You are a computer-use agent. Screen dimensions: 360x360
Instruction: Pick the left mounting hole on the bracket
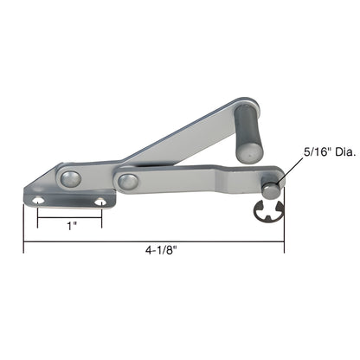coord(38,201)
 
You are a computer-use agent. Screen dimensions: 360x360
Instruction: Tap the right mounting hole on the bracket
coord(101,201)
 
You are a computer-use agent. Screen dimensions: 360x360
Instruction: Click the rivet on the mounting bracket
coord(71,178)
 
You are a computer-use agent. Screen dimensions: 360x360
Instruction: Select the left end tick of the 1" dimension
coord(38,221)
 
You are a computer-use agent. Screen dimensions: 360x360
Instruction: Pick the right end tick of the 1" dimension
coord(101,221)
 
